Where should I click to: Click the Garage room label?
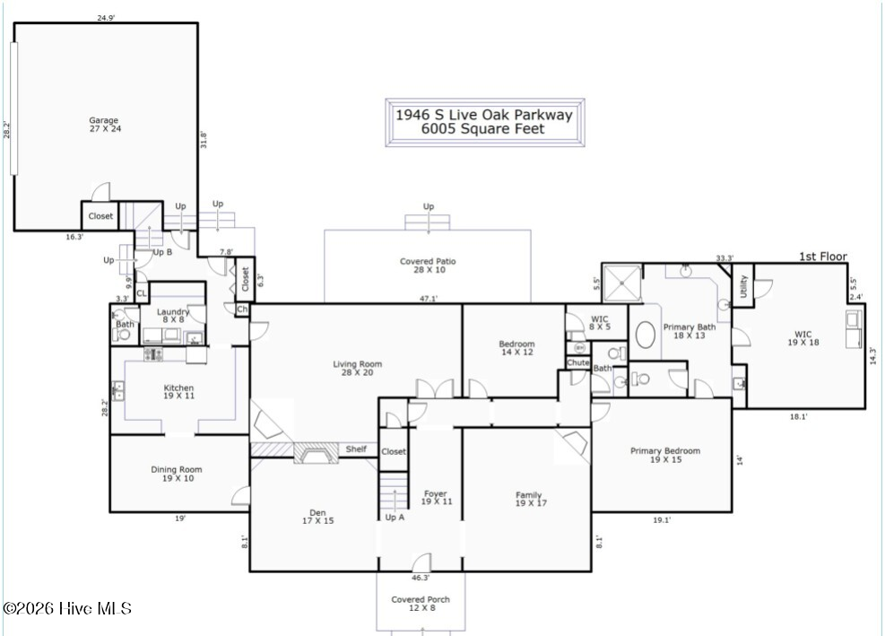tap(104, 125)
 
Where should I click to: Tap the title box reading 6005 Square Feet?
tap(485, 123)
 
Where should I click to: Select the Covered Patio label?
tap(428, 266)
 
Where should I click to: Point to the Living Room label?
tap(357, 369)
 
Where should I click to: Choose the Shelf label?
tap(356, 449)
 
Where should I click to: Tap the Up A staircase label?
tap(395, 518)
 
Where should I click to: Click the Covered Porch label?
tap(421, 603)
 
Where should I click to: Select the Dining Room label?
tap(177, 474)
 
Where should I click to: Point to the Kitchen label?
tap(179, 392)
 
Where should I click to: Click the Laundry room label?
tap(173, 316)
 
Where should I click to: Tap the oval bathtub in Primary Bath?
tap(645, 335)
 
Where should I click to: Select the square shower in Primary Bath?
tap(622, 283)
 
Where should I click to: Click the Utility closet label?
tap(743, 286)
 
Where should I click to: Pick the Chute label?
tap(578, 362)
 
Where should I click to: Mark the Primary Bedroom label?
tap(665, 456)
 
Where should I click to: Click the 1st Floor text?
tap(823, 257)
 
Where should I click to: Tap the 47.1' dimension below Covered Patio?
tap(429, 299)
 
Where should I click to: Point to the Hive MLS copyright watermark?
tap(67, 608)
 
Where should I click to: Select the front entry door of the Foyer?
tap(422, 562)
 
